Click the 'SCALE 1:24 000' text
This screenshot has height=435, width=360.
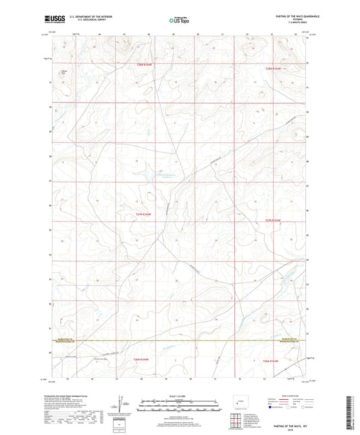pyautogui.click(x=179, y=395)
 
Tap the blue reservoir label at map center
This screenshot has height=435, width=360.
pyautogui.click(x=164, y=176)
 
